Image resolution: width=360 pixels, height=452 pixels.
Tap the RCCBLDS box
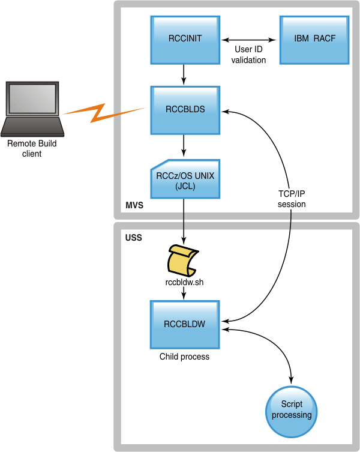pos(185,110)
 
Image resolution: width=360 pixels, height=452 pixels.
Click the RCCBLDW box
pos(185,324)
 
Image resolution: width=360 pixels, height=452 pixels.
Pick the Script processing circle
pos(292,411)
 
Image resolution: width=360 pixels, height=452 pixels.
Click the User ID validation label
pos(248,55)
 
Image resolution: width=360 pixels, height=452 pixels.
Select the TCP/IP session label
pos(292,199)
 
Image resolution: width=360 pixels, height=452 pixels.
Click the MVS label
pos(133,206)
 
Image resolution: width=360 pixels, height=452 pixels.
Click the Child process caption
pos(184,357)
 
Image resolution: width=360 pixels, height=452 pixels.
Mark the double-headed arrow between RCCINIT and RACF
pos(248,40)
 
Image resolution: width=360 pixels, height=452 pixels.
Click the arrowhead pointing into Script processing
pos(292,381)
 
